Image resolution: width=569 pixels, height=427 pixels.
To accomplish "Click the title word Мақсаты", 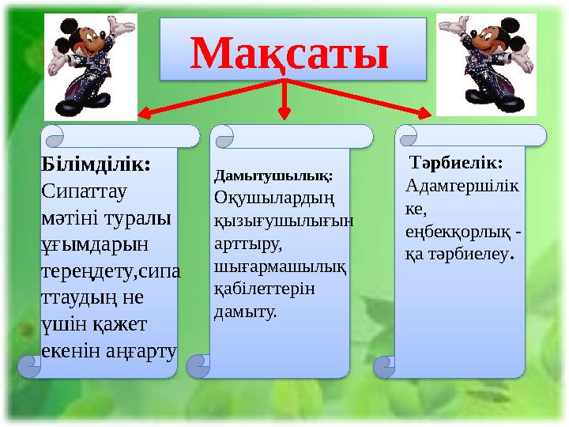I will [x=290, y=53].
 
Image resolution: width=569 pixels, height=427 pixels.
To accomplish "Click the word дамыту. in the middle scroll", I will [x=246, y=312].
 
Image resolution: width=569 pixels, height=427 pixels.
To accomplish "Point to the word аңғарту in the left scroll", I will [x=141, y=350].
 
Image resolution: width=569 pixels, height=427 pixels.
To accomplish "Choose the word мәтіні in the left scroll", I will [x=66, y=217].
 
